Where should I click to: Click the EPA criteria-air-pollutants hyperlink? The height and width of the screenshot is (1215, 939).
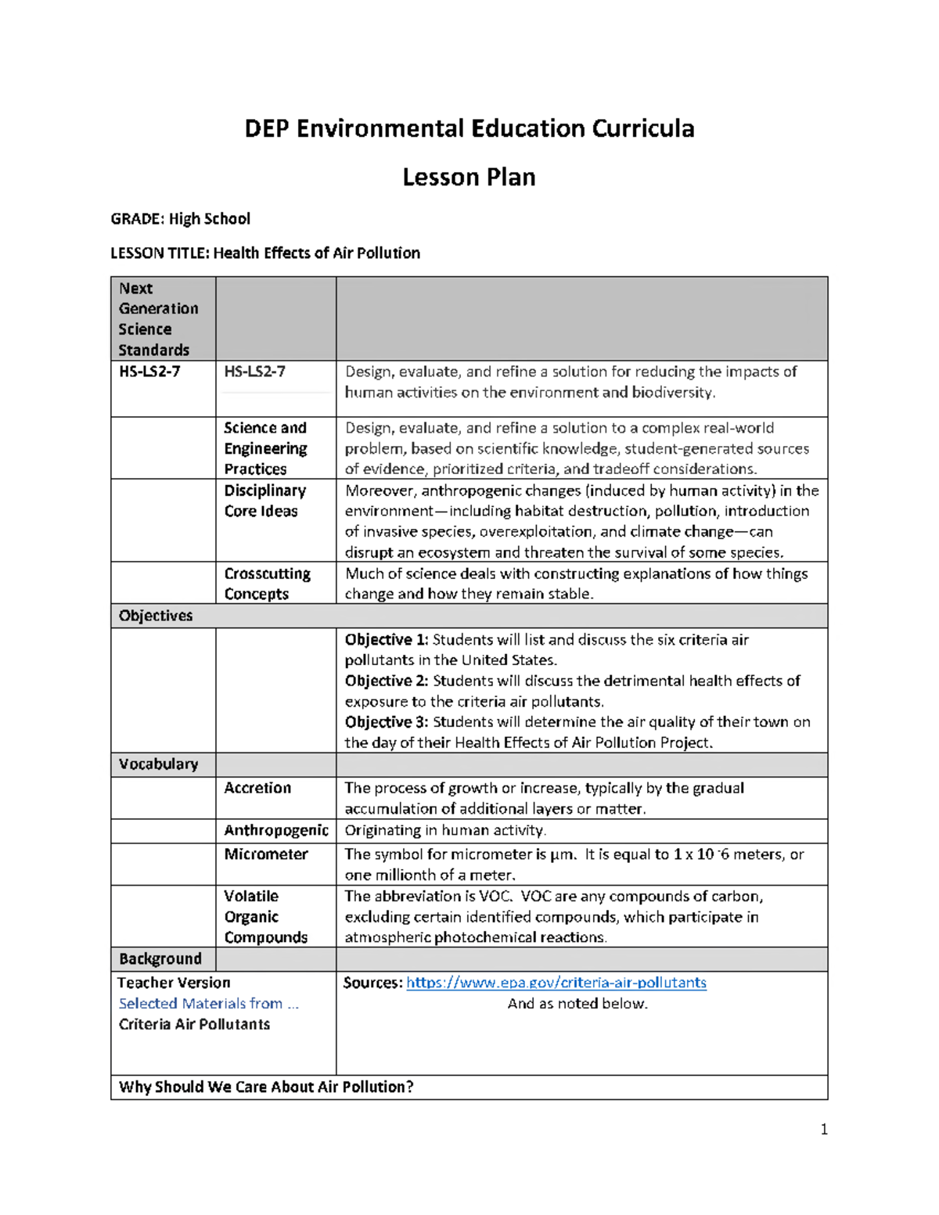556,983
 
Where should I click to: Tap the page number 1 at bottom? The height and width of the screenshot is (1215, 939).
824,1129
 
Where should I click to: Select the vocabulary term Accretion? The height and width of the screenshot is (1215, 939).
257,788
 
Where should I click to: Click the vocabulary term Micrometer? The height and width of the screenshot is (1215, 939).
266,854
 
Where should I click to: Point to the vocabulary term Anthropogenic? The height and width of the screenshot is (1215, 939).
276,830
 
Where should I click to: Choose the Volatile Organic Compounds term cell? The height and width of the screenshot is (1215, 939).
265,916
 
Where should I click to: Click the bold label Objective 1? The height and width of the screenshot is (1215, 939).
387,640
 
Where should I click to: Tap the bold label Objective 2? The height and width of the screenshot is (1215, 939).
387,681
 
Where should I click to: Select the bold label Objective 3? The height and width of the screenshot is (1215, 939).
387,722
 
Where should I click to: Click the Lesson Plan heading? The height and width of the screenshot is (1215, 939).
469,178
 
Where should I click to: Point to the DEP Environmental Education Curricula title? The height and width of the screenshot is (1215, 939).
469,128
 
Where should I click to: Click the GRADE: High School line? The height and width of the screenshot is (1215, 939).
180,219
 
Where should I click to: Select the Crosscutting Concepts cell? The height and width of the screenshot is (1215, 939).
267,584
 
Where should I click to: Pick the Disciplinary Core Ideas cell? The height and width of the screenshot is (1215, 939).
264,501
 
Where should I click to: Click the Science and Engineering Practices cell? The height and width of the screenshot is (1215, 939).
265,448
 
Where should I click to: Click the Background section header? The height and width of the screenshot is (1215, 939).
160,959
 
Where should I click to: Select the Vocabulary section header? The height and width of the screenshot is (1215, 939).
158,764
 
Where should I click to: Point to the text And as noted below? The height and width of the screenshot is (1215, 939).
577,1004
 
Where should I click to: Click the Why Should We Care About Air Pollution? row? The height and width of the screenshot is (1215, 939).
266,1087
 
